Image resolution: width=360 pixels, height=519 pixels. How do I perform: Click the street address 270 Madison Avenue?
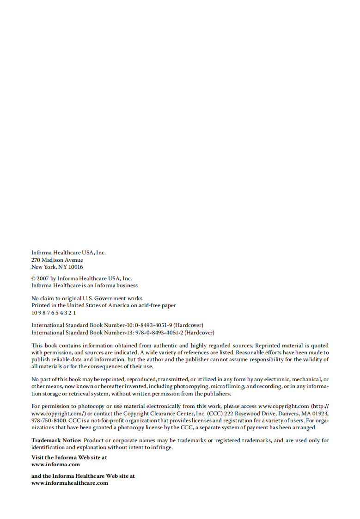click(57, 260)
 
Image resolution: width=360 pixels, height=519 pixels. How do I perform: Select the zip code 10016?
click(76, 267)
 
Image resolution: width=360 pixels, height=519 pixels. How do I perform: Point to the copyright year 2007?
click(42, 278)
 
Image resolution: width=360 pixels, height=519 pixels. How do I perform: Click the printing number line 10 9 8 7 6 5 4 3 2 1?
click(54, 312)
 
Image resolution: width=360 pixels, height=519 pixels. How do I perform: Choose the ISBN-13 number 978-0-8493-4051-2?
click(159, 333)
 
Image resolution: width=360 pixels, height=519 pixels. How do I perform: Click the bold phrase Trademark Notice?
click(56, 440)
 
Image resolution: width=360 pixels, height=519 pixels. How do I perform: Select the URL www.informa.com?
click(55, 464)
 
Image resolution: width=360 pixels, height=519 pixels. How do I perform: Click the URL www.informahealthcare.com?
click(70, 483)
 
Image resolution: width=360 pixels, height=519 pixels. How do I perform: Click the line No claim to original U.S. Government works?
click(87, 298)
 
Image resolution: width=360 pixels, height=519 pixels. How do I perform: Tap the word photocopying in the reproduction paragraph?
click(191, 386)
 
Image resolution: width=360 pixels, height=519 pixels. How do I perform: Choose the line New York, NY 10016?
click(57, 267)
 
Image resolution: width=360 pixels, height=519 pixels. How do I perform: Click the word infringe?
click(162, 448)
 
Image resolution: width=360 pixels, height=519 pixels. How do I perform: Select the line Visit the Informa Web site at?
click(69, 457)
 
